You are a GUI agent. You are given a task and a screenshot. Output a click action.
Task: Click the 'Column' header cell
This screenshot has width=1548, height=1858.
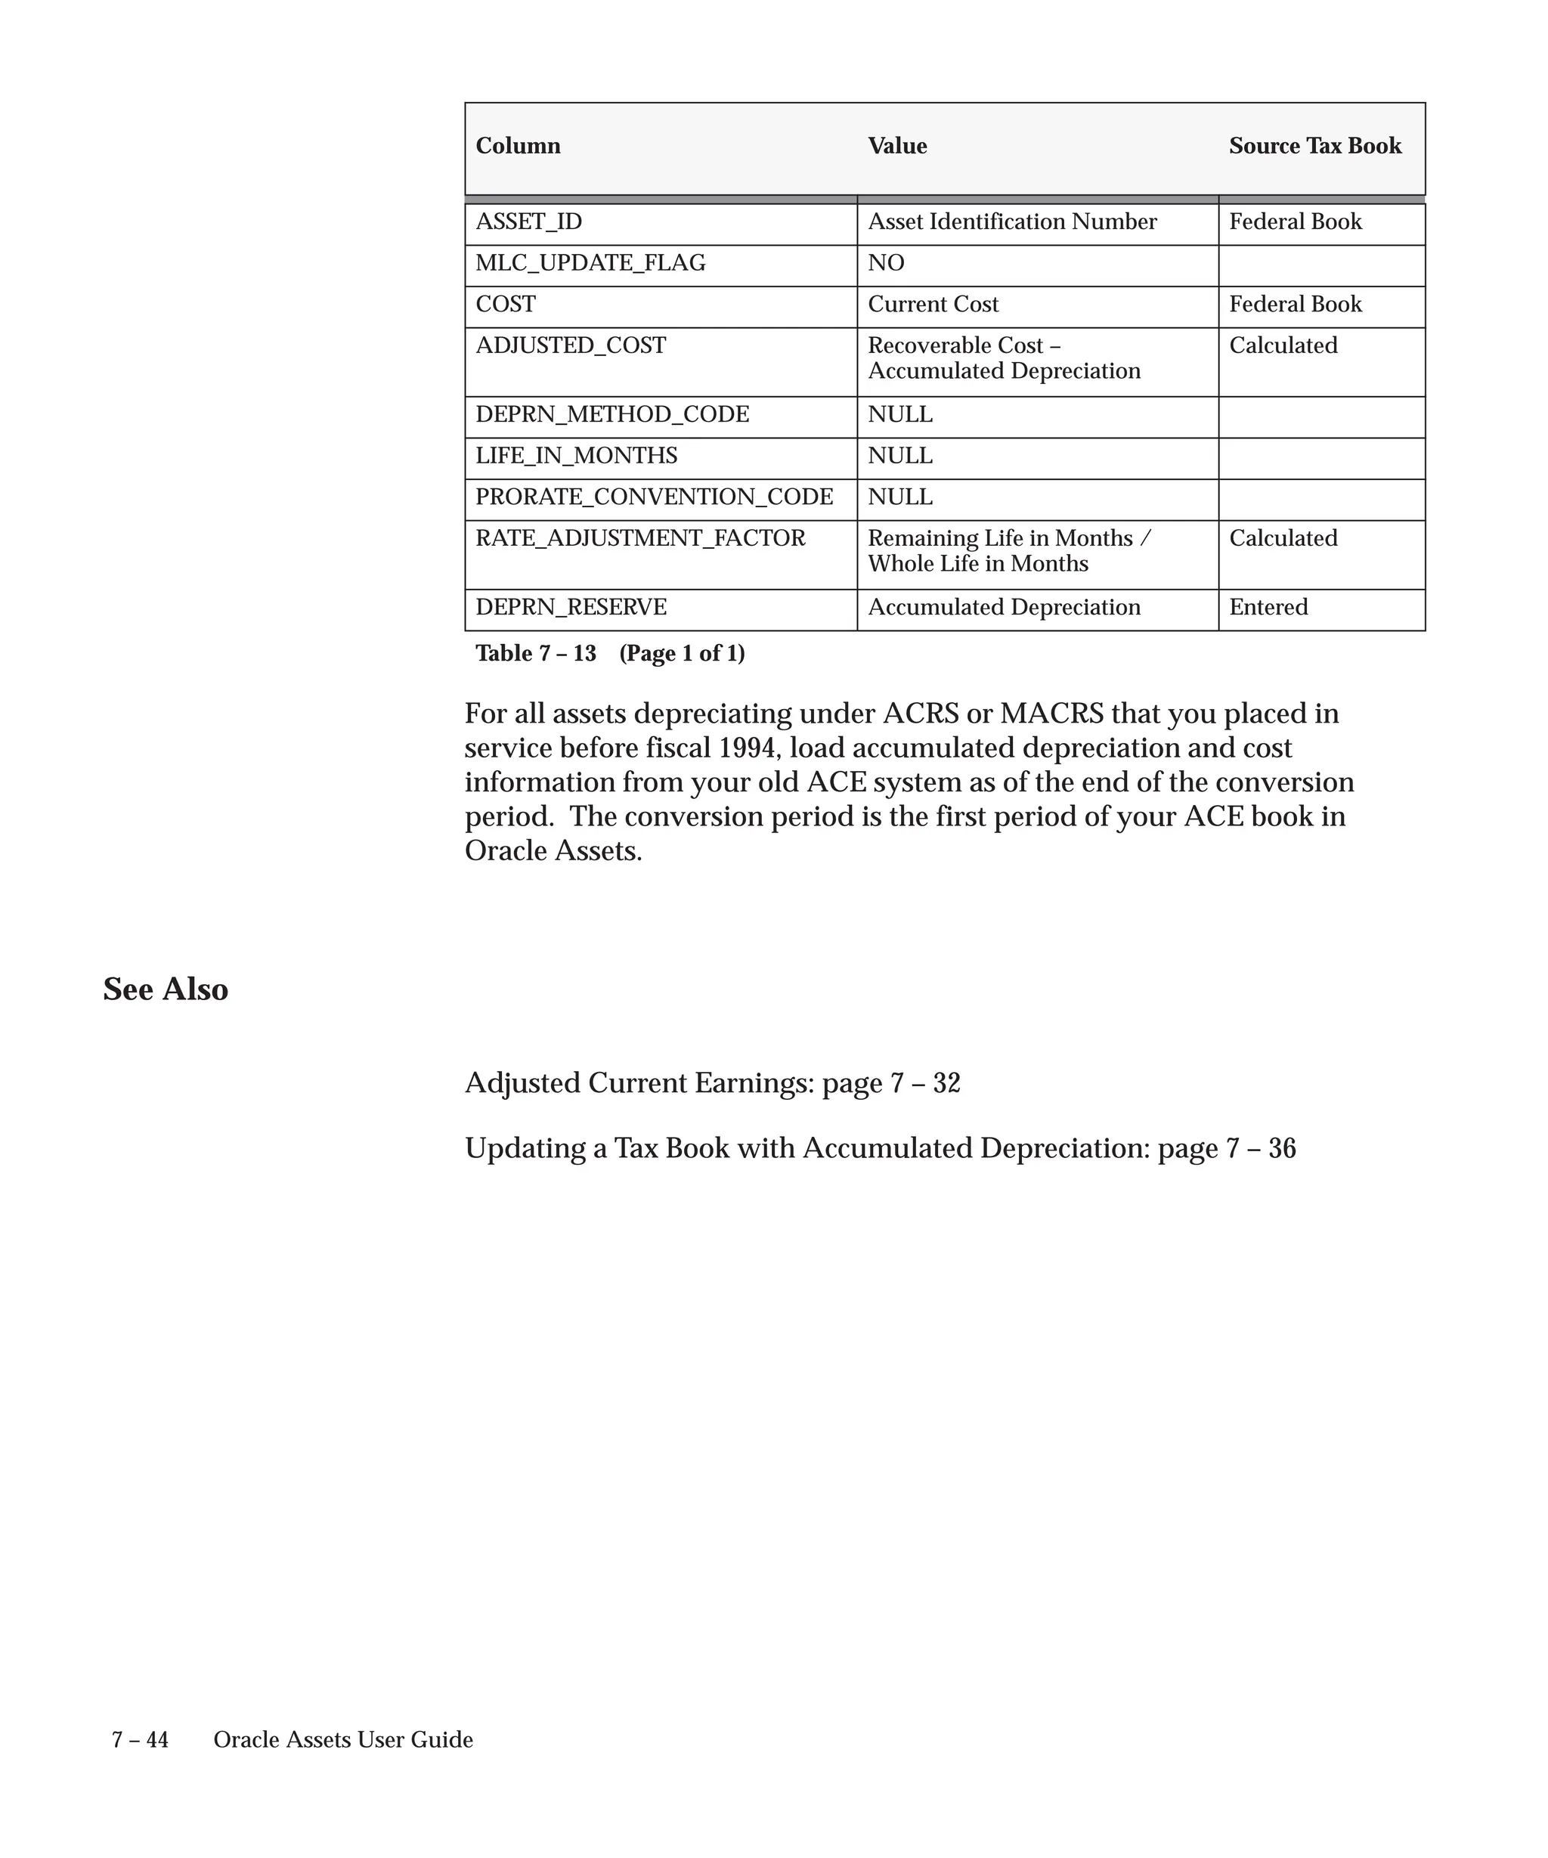[518, 146]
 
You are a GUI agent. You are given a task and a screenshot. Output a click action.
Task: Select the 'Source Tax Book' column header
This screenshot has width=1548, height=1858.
[1314, 146]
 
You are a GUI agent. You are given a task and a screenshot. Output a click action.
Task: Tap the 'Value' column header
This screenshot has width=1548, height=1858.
[897, 146]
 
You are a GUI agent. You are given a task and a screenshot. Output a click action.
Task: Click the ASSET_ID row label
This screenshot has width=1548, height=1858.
[529, 221]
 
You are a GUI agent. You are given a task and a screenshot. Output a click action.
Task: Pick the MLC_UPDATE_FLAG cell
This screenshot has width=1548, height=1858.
[590, 263]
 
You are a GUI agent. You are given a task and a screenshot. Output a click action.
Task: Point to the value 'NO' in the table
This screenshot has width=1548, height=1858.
[885, 263]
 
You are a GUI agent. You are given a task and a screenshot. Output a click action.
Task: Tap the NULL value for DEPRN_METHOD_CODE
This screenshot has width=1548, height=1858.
[899, 414]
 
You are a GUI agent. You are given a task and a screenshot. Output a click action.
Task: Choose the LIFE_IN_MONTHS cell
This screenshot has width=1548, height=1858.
[576, 456]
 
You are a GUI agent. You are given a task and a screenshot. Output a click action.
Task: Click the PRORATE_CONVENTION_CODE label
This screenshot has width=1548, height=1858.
[654, 497]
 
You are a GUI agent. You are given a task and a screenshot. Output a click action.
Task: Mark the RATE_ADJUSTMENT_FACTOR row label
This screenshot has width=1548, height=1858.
[640, 538]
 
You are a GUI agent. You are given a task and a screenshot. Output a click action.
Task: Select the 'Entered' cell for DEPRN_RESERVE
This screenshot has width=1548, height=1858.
[1268, 607]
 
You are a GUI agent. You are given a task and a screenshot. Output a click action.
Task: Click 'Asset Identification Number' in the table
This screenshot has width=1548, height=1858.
[1012, 221]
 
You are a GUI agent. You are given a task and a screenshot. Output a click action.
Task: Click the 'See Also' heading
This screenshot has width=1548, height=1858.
[166, 989]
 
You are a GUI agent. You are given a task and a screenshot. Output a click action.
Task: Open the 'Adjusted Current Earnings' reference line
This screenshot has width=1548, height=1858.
[712, 1083]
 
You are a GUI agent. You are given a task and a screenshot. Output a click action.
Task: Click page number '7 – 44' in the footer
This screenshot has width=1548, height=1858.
[140, 1739]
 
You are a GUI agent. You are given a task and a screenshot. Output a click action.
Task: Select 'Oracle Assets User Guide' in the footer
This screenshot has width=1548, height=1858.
[343, 1739]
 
